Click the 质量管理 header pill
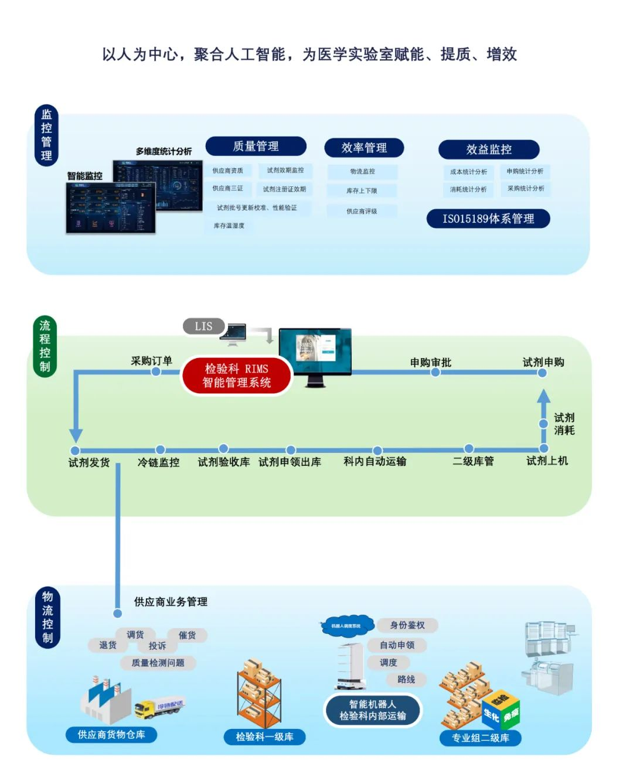pyautogui.click(x=256, y=146)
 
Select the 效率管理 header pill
pyautogui.click(x=364, y=148)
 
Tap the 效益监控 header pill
pyautogui.click(x=489, y=149)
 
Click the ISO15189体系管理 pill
pyautogui.click(x=488, y=219)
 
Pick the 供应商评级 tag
pyautogui.click(x=362, y=211)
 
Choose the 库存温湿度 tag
pyautogui.click(x=229, y=226)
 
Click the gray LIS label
pyautogui.click(x=203, y=326)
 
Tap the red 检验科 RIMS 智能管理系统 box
pyautogui.click(x=236, y=376)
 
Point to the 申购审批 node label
pyautogui.click(x=431, y=362)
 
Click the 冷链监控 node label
pyautogui.click(x=158, y=462)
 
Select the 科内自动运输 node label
pyautogui.click(x=375, y=461)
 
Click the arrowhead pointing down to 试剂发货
pyautogui.click(x=76, y=435)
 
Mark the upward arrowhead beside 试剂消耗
pyautogui.click(x=543, y=397)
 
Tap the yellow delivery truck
pyautogui.click(x=159, y=707)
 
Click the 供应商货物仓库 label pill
pyautogui.click(x=111, y=734)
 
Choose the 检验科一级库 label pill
pyautogui.click(x=264, y=737)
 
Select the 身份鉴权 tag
pyautogui.click(x=407, y=625)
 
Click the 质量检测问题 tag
pyautogui.click(x=158, y=663)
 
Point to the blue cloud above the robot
pyautogui.click(x=347, y=626)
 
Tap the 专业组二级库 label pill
pyautogui.click(x=480, y=738)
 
